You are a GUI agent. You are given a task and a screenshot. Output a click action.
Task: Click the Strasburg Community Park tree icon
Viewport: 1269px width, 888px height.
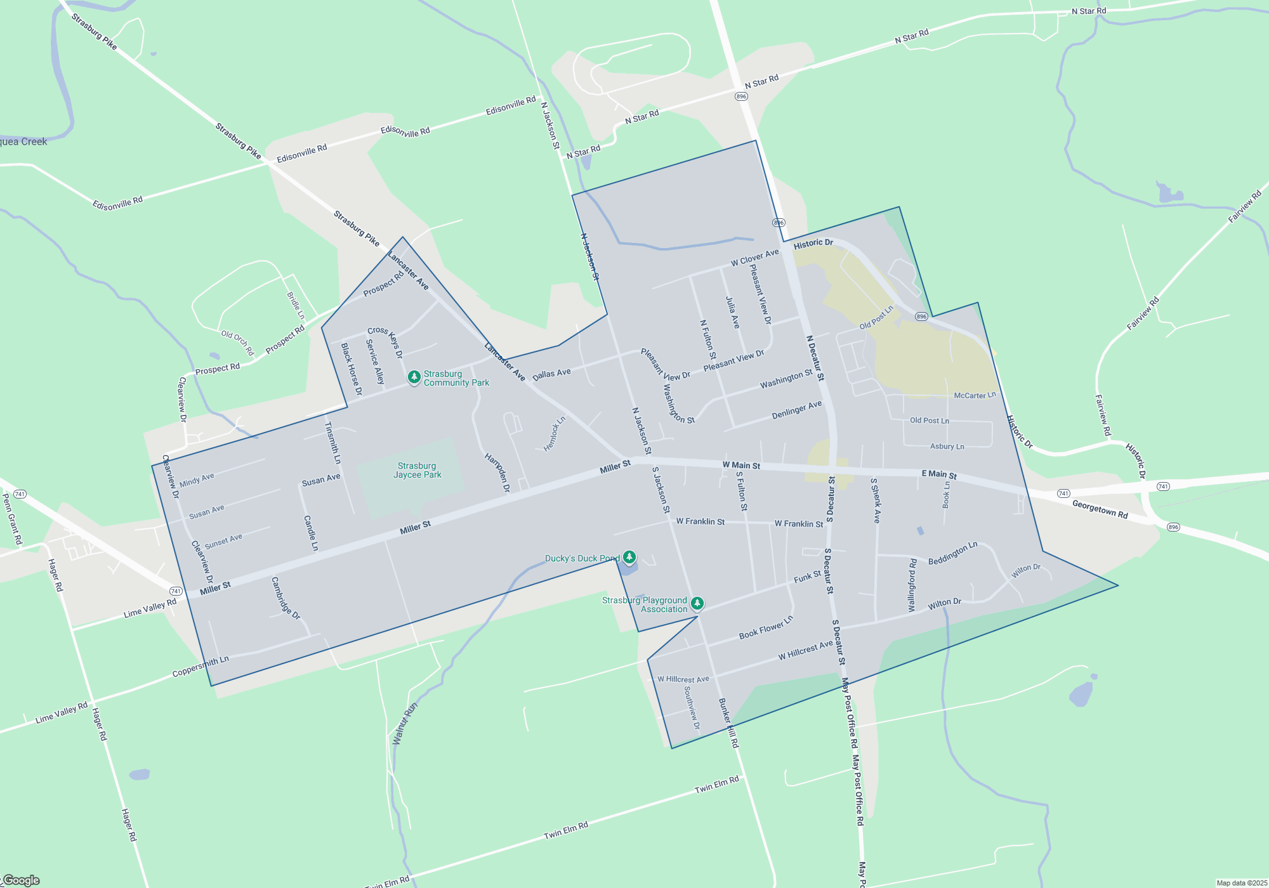[x=414, y=378]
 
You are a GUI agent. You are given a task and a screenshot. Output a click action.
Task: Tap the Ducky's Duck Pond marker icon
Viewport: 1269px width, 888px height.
[x=629, y=558]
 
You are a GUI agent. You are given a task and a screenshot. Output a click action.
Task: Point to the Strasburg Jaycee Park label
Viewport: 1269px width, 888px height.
[x=417, y=471]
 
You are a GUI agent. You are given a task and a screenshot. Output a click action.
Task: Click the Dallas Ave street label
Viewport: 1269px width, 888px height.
[x=551, y=374]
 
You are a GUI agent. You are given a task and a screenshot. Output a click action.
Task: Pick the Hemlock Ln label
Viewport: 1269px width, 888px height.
[x=555, y=434]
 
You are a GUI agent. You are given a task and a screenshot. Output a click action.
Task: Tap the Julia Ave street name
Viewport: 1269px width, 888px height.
[x=733, y=312]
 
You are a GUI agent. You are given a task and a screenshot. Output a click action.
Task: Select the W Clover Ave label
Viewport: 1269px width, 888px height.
[x=754, y=258]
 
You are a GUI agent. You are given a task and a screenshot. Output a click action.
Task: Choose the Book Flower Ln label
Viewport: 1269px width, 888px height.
[x=766, y=628]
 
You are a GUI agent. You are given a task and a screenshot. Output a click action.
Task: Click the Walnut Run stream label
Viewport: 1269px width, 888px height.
[x=405, y=724]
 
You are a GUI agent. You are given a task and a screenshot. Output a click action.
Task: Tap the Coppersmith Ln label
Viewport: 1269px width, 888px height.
[x=201, y=667]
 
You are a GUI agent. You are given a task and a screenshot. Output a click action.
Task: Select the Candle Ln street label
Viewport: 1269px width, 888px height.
[x=311, y=533]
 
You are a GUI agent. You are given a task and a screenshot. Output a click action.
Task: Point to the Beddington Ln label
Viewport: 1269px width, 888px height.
[x=952, y=554]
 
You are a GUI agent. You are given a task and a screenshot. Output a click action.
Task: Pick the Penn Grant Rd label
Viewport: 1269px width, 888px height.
[x=13, y=519]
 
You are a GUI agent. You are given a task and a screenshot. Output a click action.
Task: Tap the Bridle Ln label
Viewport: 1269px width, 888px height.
[x=296, y=306]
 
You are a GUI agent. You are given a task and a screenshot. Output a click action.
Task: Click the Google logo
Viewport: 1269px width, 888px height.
[x=22, y=880]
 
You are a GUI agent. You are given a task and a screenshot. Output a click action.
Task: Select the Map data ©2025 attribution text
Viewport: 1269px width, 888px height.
[x=1241, y=883]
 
